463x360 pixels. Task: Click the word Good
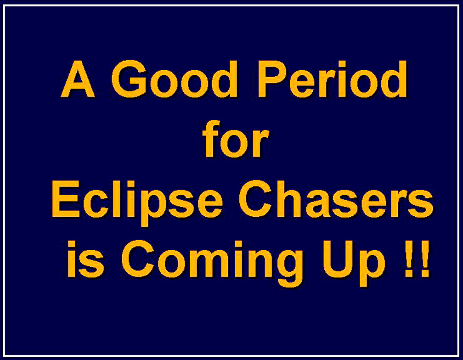[175, 79]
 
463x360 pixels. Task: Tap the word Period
[333, 79]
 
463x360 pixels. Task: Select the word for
[236, 138]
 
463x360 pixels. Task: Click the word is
[85, 259]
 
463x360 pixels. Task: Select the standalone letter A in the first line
[78, 79]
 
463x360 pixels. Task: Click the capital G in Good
[130, 79]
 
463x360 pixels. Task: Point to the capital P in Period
[273, 79]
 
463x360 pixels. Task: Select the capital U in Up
[338, 259]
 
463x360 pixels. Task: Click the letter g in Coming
[288, 267]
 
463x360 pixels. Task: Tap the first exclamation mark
[409, 259]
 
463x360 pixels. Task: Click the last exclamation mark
[425, 259]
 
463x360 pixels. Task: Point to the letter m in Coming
[214, 263]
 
